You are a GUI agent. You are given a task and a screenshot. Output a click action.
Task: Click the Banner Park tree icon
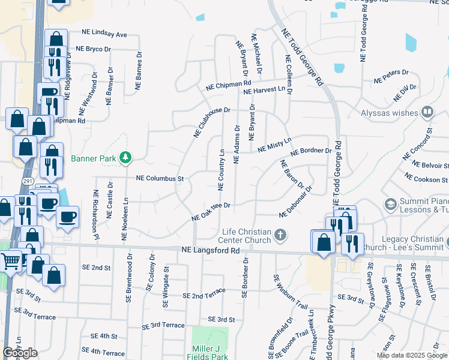(125, 158)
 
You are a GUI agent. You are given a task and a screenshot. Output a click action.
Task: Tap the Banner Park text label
(93, 159)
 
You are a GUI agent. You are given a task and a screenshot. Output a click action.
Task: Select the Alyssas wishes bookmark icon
(427, 112)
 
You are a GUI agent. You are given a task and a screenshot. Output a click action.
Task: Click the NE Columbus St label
(159, 179)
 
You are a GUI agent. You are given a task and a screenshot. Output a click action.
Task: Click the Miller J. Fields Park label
(211, 353)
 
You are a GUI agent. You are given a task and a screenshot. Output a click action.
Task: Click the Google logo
(20, 353)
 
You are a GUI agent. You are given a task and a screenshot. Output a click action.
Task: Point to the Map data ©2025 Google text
(412, 355)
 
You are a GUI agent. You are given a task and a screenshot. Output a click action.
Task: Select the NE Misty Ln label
(274, 145)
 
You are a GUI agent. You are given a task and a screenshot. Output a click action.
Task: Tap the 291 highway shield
(28, 179)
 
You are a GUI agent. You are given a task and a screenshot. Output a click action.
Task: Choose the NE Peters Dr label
(391, 76)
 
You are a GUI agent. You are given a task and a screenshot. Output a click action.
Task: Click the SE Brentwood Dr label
(128, 285)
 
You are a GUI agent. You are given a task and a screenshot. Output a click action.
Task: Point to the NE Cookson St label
(426, 178)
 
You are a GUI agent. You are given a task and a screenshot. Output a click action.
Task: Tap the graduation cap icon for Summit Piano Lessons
(391, 205)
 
